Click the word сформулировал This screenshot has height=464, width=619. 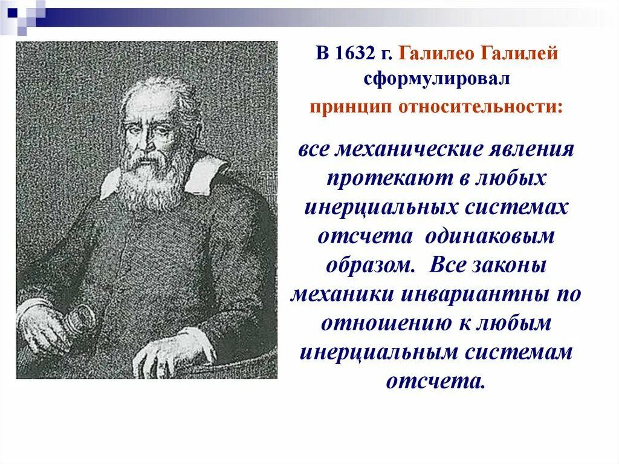point(437,79)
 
